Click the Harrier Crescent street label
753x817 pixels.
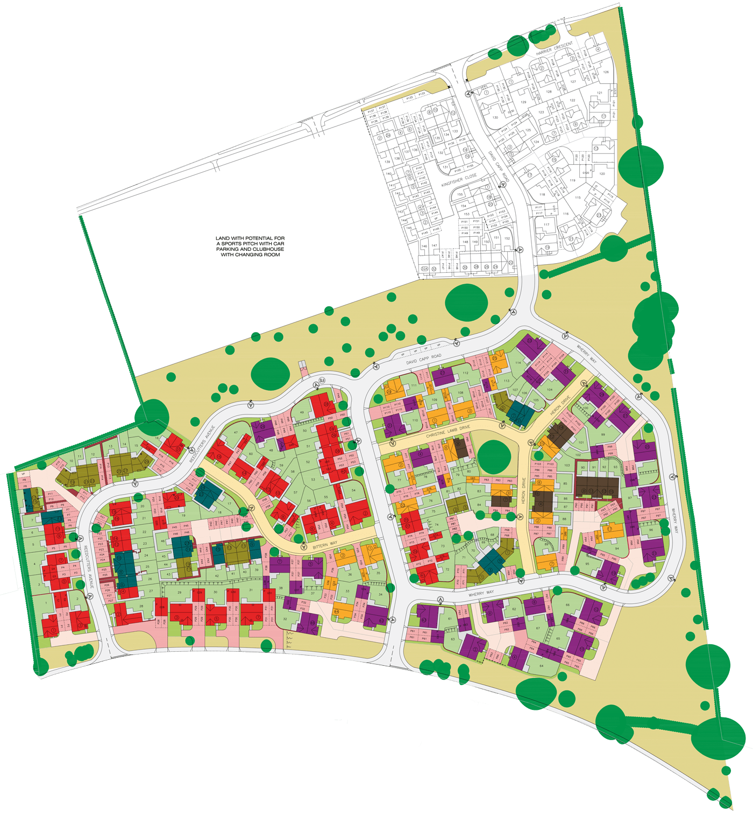(555, 49)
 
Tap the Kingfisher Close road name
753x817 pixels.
(459, 180)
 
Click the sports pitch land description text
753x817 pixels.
(250, 246)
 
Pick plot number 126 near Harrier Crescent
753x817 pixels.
(606, 72)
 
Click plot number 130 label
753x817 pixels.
(495, 117)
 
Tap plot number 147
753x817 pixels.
(434, 245)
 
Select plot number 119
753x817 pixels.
(572, 181)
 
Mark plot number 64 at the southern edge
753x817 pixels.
(541, 666)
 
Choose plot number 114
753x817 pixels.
(518, 363)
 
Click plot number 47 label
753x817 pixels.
(236, 432)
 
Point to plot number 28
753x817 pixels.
(141, 607)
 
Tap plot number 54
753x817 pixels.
(353, 490)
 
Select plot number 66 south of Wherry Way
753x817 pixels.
(567, 605)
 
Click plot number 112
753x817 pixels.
(465, 373)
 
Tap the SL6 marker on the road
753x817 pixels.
(322, 381)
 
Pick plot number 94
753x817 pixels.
(617, 548)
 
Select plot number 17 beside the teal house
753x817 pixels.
(229, 504)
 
